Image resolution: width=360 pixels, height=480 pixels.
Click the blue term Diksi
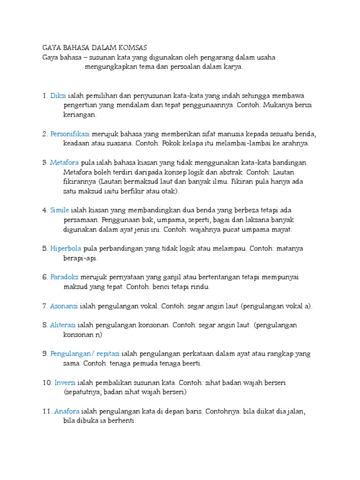[58, 96]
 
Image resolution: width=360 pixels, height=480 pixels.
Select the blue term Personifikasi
[70, 134]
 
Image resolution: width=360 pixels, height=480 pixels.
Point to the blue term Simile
[60, 210]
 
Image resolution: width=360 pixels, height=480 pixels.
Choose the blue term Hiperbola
[66, 248]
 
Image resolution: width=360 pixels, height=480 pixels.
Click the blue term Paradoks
[65, 277]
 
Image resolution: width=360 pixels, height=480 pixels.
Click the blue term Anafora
[67, 411]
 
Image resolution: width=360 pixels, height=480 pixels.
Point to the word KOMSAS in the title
[132, 47]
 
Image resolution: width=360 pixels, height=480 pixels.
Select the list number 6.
[45, 277]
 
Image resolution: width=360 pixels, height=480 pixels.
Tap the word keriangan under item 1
[79, 114]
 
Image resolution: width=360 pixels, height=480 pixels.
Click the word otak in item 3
[170, 191]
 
